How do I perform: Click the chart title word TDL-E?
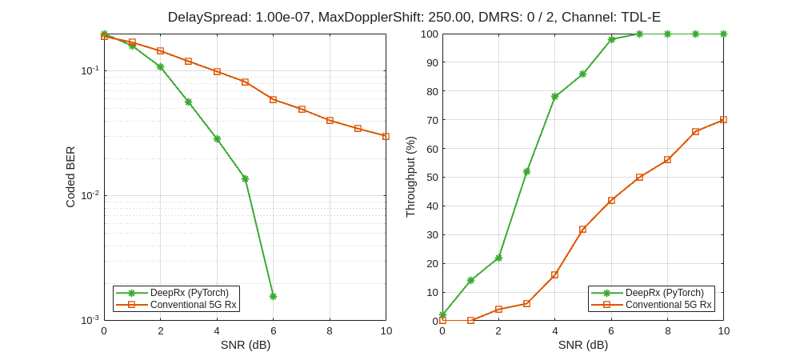pos(638,17)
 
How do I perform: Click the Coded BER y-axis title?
pos(70,177)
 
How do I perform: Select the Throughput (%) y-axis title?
pos(410,177)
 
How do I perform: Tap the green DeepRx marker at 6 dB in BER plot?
pos(273,296)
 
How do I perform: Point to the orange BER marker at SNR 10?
pos(386,136)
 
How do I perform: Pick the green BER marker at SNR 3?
pos(188,102)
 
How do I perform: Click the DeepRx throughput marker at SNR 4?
pos(554,96)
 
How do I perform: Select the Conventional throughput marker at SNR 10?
pos(723,119)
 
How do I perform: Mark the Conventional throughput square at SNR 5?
pos(582,229)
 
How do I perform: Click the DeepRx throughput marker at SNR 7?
pos(639,34)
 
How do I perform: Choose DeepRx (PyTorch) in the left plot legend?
pos(189,293)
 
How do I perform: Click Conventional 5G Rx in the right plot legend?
pos(668,305)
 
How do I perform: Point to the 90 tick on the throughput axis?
pos(431,62)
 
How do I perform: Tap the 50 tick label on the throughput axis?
pos(431,177)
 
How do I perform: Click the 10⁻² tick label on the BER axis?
pos(90,194)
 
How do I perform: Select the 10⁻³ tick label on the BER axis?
pos(90,320)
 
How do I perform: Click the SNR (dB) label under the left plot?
pos(245,345)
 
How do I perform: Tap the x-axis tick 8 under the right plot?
pos(667,330)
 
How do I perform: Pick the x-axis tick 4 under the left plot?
pos(216,330)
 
